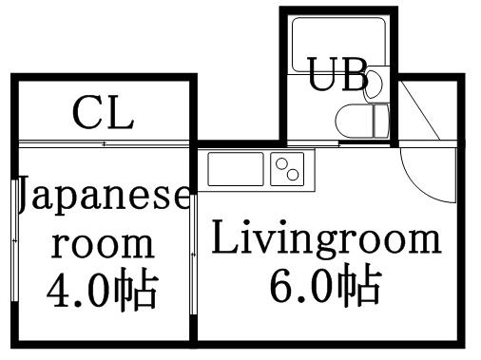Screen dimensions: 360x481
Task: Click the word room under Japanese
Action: click(x=102, y=244)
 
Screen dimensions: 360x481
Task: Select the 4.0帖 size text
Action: click(x=102, y=290)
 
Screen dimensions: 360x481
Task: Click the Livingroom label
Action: click(x=326, y=239)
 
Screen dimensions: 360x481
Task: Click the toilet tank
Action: click(x=381, y=121)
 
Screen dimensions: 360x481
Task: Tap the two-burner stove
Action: click(x=286, y=170)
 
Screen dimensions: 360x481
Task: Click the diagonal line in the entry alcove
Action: click(x=418, y=109)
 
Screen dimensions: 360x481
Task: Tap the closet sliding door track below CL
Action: click(x=105, y=143)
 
